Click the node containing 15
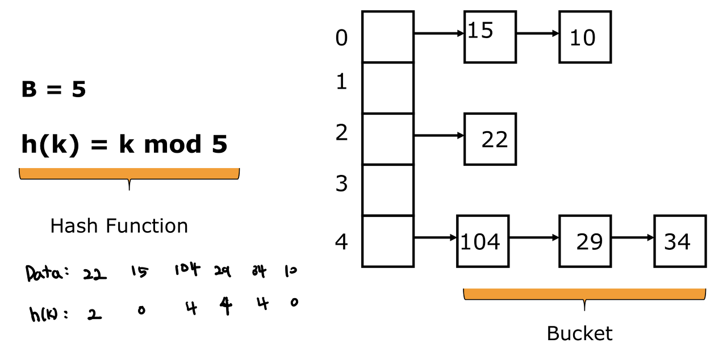tap(490, 36)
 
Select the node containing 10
tap(585, 36)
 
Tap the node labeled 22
tap(490, 139)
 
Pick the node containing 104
tap(482, 241)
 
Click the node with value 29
tap(585, 241)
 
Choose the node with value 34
tap(680, 241)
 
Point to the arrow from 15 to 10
tap(537, 33)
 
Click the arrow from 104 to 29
tap(534, 237)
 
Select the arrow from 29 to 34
tap(632, 237)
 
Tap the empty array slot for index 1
tap(388, 87)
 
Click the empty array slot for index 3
tap(388, 190)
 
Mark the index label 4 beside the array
tap(341, 242)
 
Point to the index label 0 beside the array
tap(341, 38)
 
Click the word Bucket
tap(579, 333)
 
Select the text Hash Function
tap(119, 226)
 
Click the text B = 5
tap(53, 90)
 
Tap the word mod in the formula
tap(173, 145)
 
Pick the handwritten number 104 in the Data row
tap(187, 270)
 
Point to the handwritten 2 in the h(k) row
tap(95, 313)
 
